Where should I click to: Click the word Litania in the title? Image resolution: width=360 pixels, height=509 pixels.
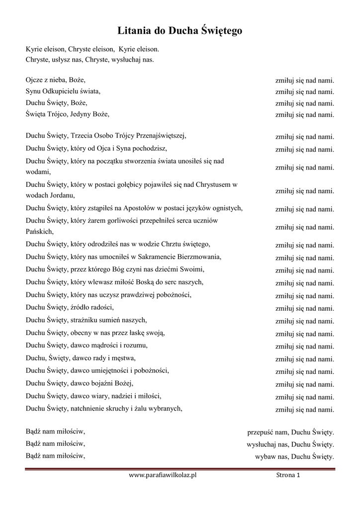(134, 31)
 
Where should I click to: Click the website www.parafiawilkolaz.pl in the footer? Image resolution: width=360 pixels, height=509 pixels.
(163, 476)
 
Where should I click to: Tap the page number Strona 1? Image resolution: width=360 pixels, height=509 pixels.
(288, 476)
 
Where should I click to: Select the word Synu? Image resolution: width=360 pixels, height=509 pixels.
(33, 91)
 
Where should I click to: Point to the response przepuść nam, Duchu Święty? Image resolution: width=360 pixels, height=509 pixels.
(290, 432)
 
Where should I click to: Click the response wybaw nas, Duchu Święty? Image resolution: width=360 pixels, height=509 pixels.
(294, 457)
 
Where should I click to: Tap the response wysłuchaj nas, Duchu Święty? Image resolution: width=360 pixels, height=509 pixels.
(290, 444)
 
